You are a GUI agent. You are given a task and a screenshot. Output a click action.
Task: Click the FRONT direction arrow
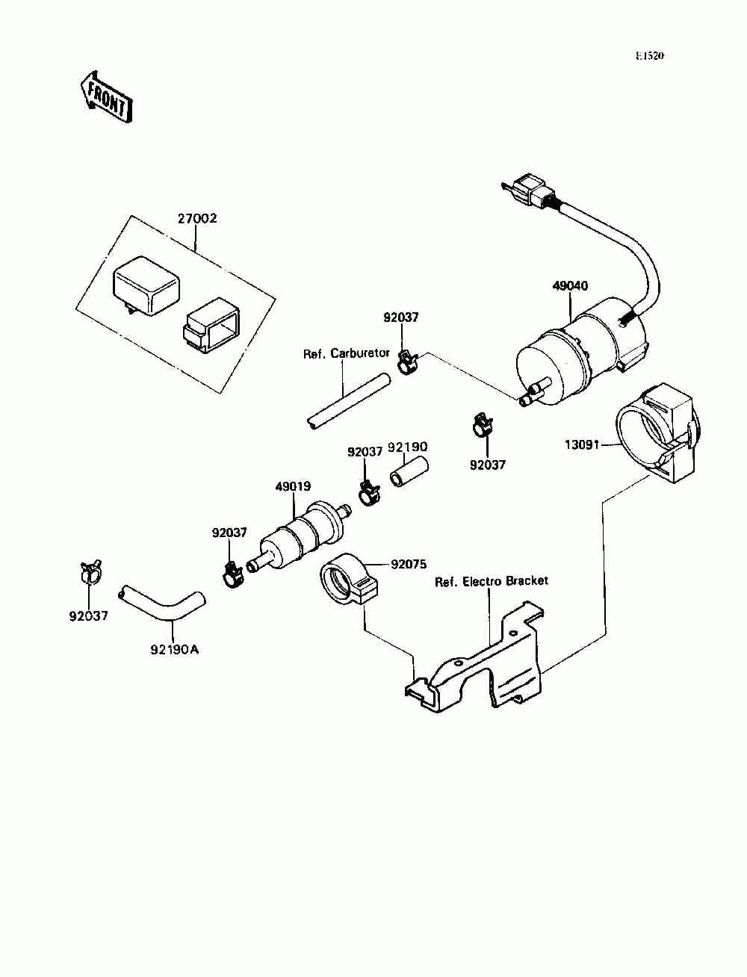coord(106,96)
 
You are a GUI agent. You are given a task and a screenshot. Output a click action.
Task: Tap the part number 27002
coord(197,219)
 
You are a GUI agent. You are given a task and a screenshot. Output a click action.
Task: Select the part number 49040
coord(570,286)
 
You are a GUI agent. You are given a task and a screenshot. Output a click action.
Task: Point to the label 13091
coord(583,444)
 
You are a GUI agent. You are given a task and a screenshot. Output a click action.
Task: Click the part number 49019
coord(293,486)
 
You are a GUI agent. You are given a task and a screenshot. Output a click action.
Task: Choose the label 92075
coord(409,564)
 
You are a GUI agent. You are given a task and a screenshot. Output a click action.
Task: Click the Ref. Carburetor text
coord(346,353)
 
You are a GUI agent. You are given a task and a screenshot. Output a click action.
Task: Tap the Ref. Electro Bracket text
coord(492,581)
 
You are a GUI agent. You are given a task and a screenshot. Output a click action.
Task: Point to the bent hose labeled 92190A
coord(162,604)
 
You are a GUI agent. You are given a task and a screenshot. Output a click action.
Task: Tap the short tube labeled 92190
coord(409,473)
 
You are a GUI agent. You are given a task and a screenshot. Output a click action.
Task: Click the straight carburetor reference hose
coord(348,402)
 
